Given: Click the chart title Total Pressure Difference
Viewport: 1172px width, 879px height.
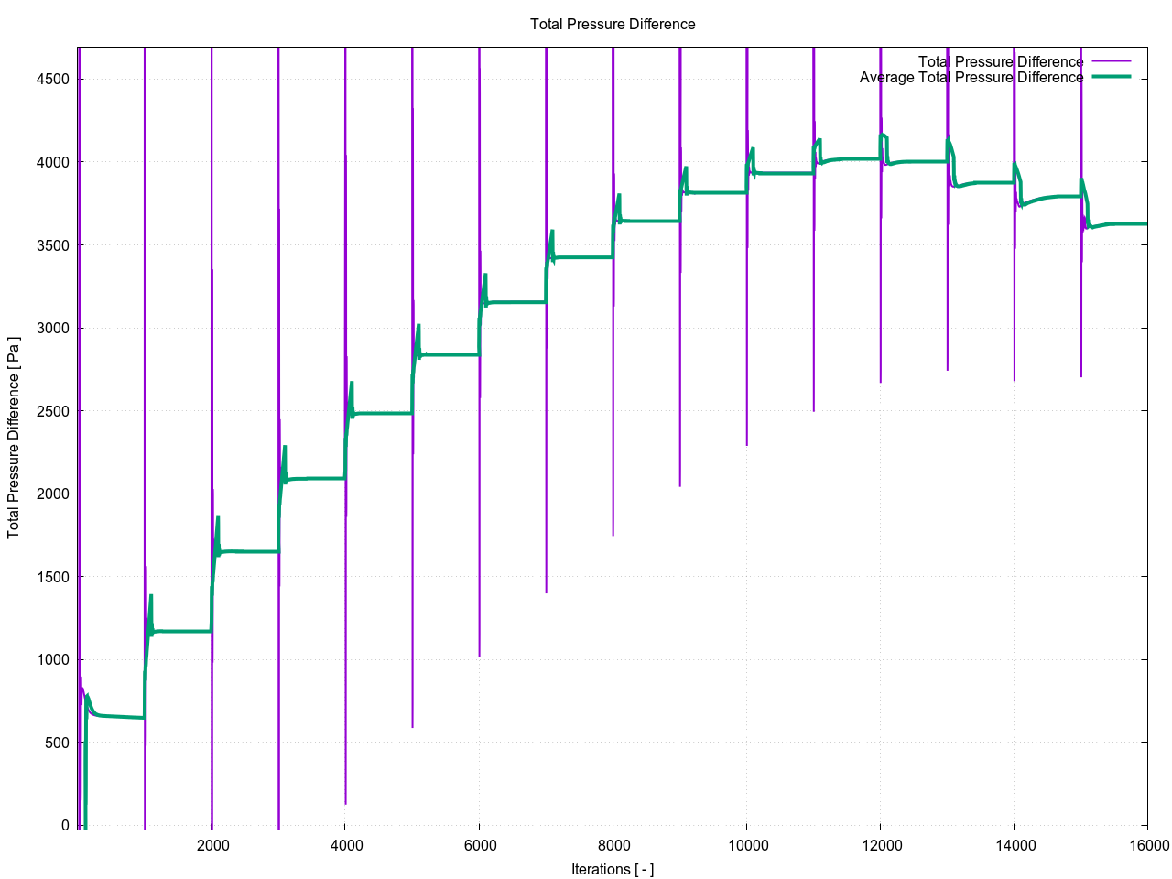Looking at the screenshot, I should [x=613, y=25].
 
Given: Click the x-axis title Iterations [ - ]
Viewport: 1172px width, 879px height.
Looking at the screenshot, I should [x=613, y=869].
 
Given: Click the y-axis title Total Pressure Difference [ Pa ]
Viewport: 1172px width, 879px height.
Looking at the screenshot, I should [x=14, y=438].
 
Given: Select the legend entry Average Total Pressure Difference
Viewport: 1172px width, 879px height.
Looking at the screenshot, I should [x=971, y=78].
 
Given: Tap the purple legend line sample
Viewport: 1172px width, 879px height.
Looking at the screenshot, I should [x=1112, y=62].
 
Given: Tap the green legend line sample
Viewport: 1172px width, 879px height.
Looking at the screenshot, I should [x=1112, y=77].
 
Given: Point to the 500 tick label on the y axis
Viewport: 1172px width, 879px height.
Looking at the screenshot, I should [x=58, y=743].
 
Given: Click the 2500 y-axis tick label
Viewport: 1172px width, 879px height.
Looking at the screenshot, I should [x=53, y=411].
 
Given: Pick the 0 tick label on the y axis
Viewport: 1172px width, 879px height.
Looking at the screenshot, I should [x=65, y=826].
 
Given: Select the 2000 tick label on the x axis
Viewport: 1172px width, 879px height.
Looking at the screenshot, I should [x=212, y=845].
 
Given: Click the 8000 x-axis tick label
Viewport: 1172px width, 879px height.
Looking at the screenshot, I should [x=613, y=845].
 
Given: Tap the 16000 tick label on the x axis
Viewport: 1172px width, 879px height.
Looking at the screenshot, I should [x=1147, y=845].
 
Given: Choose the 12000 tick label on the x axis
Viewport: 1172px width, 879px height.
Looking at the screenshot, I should [x=880, y=845].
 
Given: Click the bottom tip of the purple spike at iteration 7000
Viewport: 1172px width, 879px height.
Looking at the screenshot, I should [x=547, y=592].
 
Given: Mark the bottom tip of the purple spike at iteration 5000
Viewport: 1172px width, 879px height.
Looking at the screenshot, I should [x=413, y=727].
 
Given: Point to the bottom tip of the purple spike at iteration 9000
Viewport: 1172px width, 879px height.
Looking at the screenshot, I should [x=679, y=485].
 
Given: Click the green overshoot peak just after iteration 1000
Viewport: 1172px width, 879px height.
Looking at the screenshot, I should [x=151, y=596].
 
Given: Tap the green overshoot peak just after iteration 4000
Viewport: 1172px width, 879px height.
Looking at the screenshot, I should [x=352, y=383].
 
